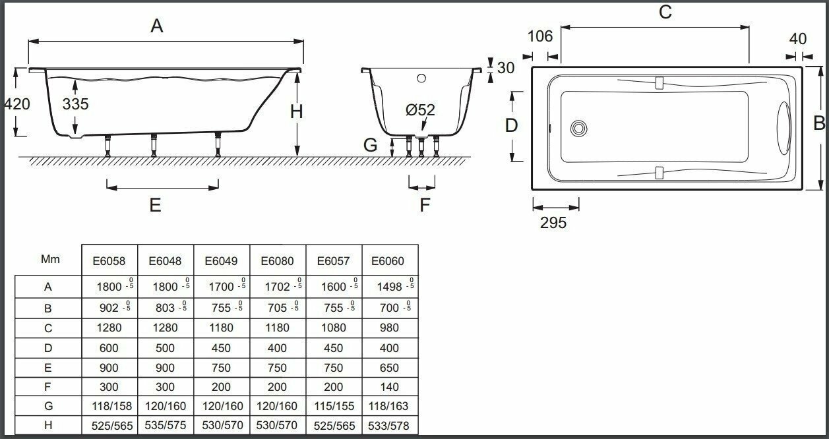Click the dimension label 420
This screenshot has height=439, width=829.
tap(16, 104)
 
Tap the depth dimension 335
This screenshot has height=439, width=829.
tap(76, 104)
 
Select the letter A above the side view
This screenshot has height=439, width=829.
tap(156, 26)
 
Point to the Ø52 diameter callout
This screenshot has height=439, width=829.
tap(421, 110)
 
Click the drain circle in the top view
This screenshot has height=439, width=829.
tap(579, 128)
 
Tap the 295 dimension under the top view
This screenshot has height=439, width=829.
tap(553, 223)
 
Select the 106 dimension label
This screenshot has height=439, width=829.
tap(540, 36)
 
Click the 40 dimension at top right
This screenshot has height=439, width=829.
tap(797, 39)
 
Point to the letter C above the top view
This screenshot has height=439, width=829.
tap(665, 12)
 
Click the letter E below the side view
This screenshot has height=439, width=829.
tap(155, 205)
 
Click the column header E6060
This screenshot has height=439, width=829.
tap(388, 261)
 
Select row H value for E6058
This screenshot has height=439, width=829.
tap(109, 426)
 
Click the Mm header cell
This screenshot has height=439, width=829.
tap(50, 259)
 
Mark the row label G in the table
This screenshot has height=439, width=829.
tap(47, 406)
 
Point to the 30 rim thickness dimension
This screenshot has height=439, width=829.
tap(506, 68)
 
